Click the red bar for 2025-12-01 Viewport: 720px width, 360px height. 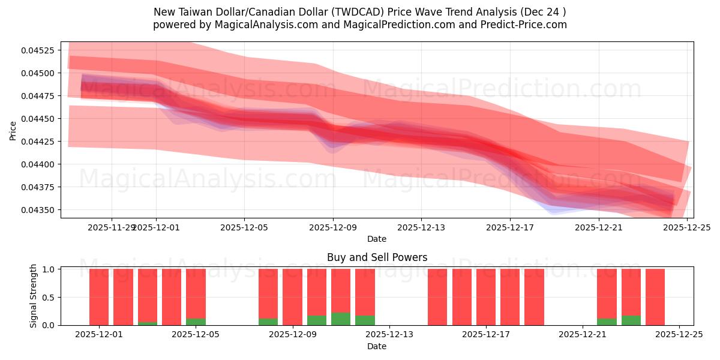(99, 297)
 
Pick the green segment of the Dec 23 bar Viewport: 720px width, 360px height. (631, 320)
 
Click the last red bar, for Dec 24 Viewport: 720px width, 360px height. (655, 297)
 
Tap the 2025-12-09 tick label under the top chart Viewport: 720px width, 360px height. (333, 227)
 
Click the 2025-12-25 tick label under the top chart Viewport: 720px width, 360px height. (687, 227)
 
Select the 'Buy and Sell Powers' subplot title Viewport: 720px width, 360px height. (377, 257)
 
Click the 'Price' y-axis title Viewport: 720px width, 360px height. (13, 130)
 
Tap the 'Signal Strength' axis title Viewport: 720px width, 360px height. (34, 296)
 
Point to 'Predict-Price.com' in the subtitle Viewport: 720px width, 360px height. (524, 25)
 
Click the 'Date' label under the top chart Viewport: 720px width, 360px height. (377, 239)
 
